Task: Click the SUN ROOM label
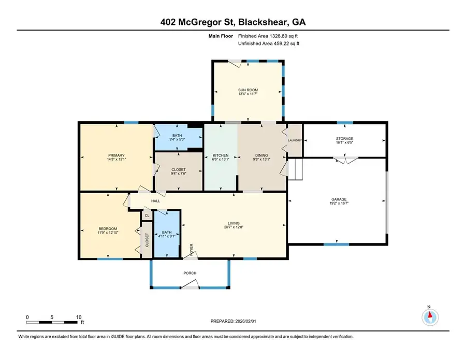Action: (247, 90)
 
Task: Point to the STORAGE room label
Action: (344, 138)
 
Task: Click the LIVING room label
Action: (234, 223)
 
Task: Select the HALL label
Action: (155, 201)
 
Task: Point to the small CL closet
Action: (147, 215)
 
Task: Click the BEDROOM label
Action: (108, 228)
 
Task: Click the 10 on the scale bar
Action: (78, 317)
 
